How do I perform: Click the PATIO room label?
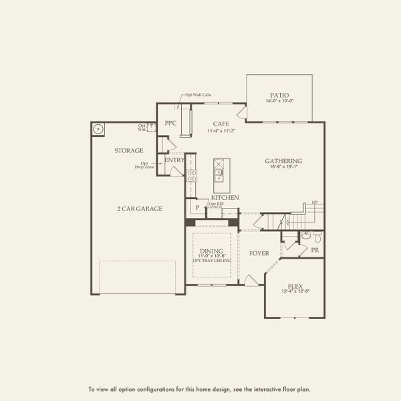[279, 95]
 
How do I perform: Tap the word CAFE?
[221, 124]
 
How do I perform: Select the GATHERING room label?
[283, 161]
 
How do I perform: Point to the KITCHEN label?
[225, 198]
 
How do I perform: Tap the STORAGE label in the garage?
[128, 150]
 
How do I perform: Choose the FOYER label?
[259, 253]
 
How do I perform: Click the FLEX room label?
[294, 284]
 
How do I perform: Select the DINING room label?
[211, 251]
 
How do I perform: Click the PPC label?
[170, 124]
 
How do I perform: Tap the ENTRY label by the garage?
[174, 160]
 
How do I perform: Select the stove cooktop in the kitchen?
[192, 176]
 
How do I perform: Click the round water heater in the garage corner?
[98, 129]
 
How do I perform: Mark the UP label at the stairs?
[314, 203]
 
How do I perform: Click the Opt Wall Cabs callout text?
[198, 96]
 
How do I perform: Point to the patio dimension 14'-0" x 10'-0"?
[279, 102]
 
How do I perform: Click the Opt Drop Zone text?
[144, 164]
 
